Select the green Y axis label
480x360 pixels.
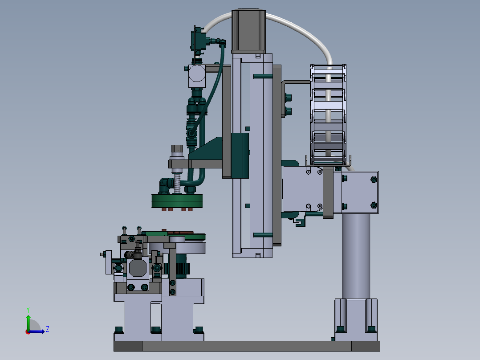pos(28,310)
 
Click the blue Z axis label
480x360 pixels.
pos(48,329)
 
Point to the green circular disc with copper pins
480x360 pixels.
pos(177,201)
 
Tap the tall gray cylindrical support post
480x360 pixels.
pos(356,256)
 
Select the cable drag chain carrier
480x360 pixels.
pos(328,115)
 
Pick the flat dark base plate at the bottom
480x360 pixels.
pos(247,346)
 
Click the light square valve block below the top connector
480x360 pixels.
pos(196,76)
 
